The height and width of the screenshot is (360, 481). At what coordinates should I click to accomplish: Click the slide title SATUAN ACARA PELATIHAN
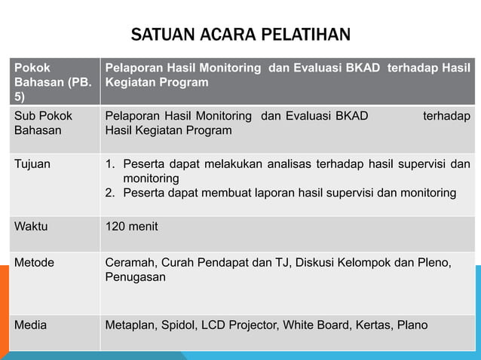tap(240, 35)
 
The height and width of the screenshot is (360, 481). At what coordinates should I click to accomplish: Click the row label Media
tap(31, 325)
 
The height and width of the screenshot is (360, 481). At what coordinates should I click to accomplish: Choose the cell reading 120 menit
tap(132, 225)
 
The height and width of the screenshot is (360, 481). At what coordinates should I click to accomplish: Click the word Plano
tap(412, 325)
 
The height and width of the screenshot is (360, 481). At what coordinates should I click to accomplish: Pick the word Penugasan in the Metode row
tap(135, 277)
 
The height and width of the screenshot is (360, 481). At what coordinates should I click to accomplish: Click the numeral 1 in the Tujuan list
tap(109, 163)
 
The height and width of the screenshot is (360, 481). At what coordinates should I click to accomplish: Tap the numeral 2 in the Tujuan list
tap(109, 193)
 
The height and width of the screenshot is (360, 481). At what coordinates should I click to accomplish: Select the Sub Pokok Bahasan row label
tap(39, 123)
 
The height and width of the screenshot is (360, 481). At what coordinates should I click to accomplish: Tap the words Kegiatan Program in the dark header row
tap(156, 82)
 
